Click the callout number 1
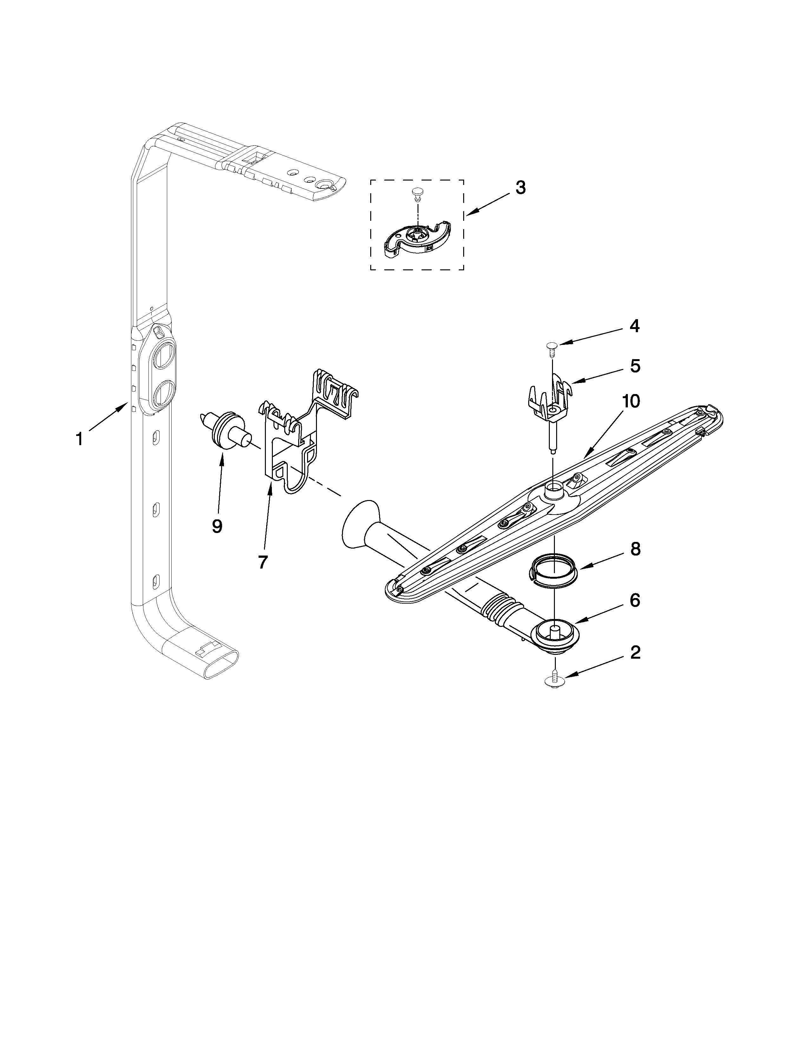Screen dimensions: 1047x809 coord(80,439)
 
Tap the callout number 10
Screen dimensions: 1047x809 coord(631,401)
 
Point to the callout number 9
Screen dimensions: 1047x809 coord(217,526)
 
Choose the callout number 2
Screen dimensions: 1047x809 coord(635,652)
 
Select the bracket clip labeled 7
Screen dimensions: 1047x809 coord(293,441)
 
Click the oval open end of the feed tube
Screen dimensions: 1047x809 coord(221,664)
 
